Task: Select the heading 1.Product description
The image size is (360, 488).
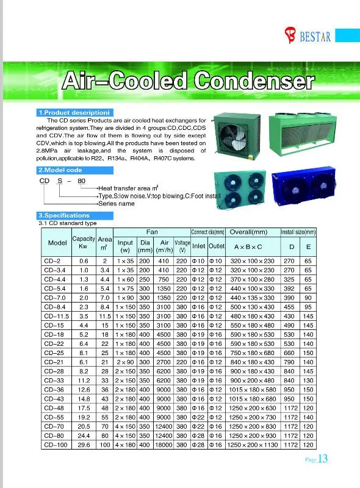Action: pos(73,113)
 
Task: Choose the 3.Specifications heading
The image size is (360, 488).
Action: pos(63,216)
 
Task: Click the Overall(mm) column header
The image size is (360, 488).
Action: pos(248,232)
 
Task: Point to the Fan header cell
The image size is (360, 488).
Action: pos(152,232)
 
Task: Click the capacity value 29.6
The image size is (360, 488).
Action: pos(84,446)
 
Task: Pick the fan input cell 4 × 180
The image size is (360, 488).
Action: pos(124,446)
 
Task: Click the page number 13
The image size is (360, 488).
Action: pos(323,460)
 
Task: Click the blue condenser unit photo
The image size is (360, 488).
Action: pos(301,187)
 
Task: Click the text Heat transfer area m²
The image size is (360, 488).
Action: pos(129,188)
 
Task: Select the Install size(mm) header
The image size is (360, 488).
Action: pos(298,232)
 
